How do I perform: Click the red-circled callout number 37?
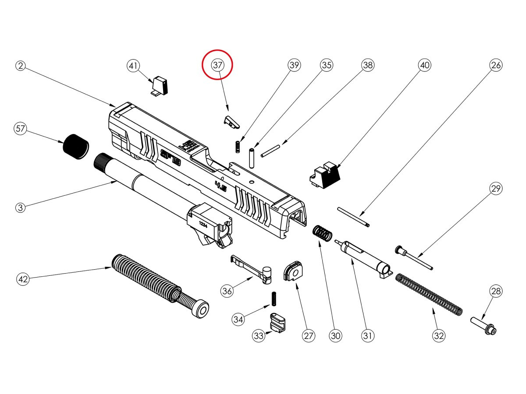(218, 65)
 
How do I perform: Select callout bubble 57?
(20, 129)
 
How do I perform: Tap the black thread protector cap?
(76, 147)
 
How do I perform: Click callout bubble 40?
(424, 66)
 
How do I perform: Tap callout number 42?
(23, 279)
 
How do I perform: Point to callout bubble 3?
(20, 208)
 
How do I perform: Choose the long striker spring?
(428, 294)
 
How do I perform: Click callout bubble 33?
(259, 336)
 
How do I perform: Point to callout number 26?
(496, 66)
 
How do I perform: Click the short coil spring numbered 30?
(323, 232)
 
